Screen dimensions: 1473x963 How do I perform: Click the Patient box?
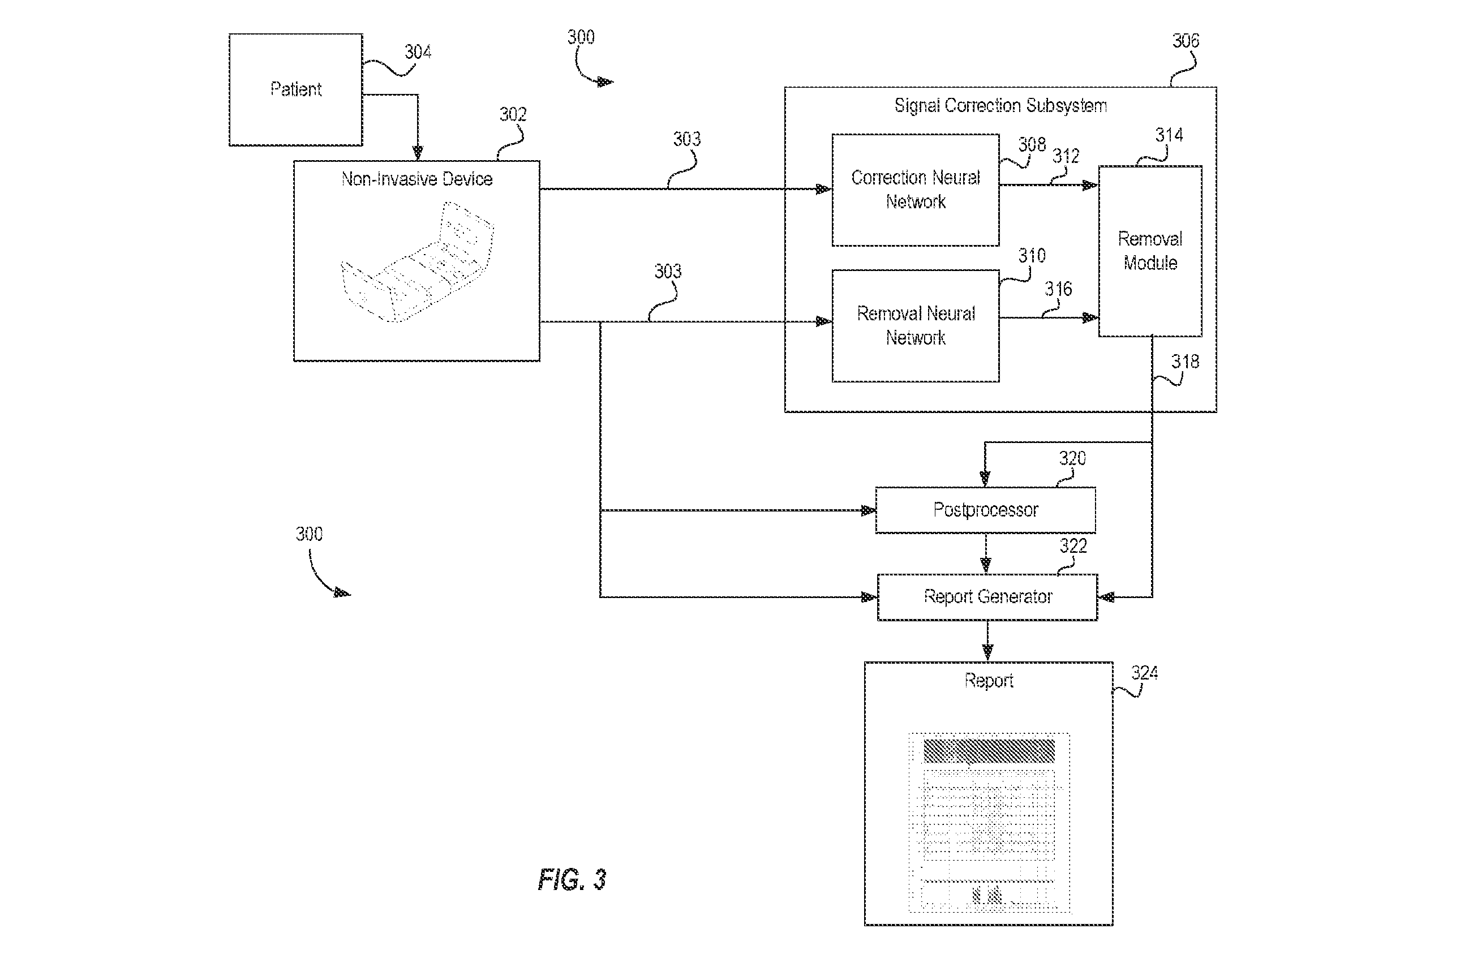[296, 90]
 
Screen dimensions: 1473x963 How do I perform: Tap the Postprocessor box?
[985, 510]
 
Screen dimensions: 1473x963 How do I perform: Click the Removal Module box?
[1150, 251]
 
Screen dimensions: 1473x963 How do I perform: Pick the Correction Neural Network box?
[916, 190]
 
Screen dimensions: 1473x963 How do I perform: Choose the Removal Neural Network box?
[916, 325]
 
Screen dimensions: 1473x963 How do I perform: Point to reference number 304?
[418, 52]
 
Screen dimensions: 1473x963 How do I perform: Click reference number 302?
[513, 114]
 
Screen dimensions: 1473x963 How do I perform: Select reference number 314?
[1169, 135]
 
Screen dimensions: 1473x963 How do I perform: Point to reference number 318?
[1185, 362]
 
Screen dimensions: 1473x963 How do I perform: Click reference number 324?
[1145, 673]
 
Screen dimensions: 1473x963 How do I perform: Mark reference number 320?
[1072, 459]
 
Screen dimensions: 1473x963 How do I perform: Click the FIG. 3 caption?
[572, 879]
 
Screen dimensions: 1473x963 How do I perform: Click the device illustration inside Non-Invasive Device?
[418, 262]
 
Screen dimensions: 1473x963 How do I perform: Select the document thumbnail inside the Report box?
[989, 823]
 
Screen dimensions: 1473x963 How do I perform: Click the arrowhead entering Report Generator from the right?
[1105, 597]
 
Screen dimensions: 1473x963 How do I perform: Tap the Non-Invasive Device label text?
[417, 179]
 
